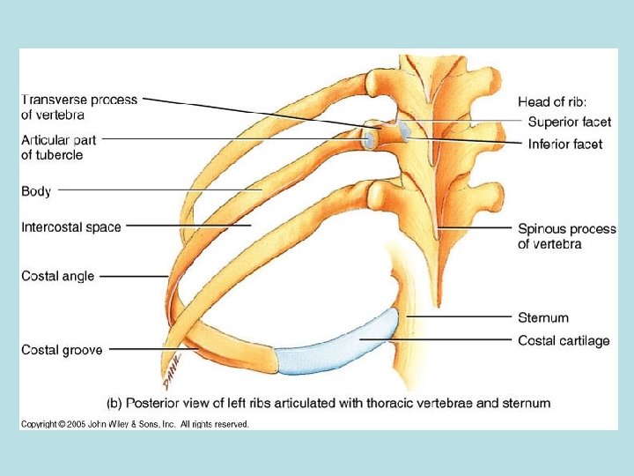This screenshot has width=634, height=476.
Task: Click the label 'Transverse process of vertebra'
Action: point(79,107)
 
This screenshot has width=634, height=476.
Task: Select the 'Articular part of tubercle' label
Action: point(59,147)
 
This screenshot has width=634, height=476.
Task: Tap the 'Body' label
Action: point(36,190)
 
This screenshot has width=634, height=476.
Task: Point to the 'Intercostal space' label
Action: point(71,227)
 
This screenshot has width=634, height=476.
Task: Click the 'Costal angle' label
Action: point(58,276)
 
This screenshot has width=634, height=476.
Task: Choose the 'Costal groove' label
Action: point(62,350)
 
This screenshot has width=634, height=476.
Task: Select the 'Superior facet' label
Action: point(570,122)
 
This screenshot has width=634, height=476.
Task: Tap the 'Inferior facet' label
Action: point(565,144)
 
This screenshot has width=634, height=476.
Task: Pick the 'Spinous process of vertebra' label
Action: point(567,236)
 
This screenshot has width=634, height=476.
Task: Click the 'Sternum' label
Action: point(543,317)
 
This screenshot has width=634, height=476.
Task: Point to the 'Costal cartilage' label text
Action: point(564,340)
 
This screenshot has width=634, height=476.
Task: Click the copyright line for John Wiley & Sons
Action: point(136,424)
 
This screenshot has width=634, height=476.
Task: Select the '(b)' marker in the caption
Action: point(114,403)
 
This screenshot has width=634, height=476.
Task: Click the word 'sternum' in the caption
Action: point(527,403)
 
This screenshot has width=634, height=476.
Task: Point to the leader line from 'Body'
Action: point(158,190)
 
